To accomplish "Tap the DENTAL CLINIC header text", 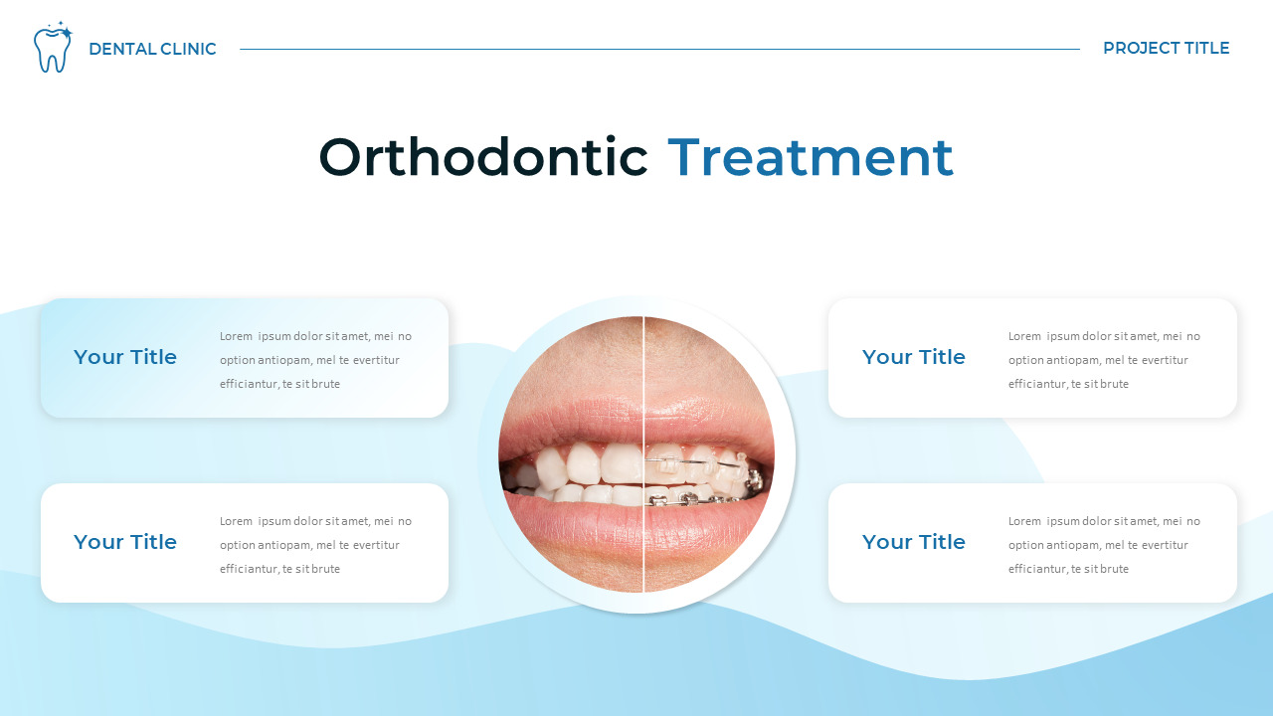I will pos(152,49).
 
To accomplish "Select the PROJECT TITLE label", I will pos(1166,48).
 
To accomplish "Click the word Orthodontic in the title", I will pos(483,157).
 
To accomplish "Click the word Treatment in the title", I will pos(810,157).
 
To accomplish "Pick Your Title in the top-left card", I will pos(125,357).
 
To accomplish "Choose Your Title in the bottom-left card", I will pos(125,542).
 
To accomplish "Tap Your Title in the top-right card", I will pos(913,357).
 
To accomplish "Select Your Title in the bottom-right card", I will pos(913,542).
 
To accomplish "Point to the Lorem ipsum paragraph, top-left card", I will pos(315,360).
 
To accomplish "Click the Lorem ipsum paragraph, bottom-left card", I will pos(315,545).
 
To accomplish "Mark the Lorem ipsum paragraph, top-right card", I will pos(1104,360).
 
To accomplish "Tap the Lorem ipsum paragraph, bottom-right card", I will pos(1104,545).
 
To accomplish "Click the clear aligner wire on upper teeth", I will pos(696,461).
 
